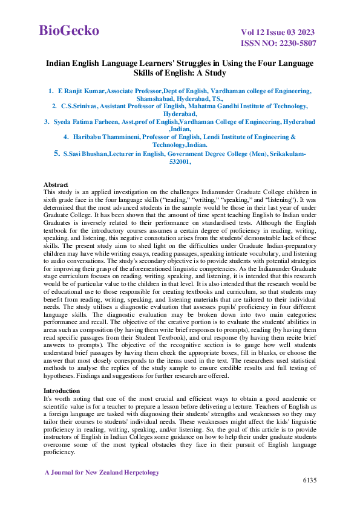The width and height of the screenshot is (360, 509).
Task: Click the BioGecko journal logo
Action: [x=69, y=31]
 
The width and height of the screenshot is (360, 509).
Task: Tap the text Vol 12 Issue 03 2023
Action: [x=278, y=32]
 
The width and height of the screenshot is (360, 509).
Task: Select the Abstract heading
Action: [x=56, y=183]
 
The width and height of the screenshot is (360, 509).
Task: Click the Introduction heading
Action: [x=62, y=391]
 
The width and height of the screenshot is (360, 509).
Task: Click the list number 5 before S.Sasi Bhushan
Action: [x=57, y=154]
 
